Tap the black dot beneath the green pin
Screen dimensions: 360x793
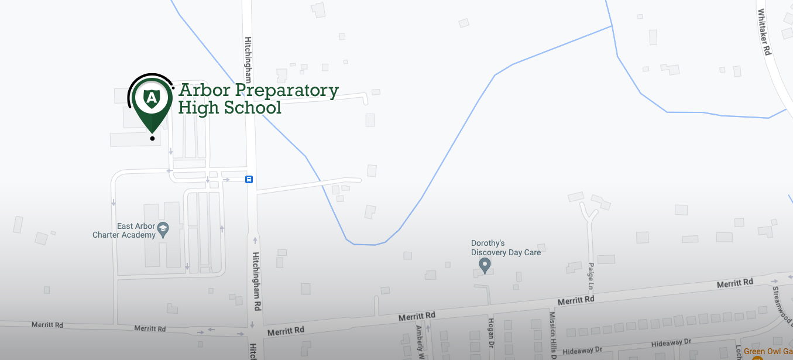[x=152, y=139]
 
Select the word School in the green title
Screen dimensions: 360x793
[x=254, y=108]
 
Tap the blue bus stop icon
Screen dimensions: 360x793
[x=249, y=179]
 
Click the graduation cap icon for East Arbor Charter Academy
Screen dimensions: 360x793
[x=163, y=229]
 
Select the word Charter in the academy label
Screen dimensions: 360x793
[x=107, y=235]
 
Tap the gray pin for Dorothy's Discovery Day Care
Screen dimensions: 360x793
[x=485, y=266]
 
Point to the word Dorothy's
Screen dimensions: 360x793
[x=488, y=243]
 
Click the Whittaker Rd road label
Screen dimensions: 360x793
[x=764, y=32]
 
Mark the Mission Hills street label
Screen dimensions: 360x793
[x=552, y=334]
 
